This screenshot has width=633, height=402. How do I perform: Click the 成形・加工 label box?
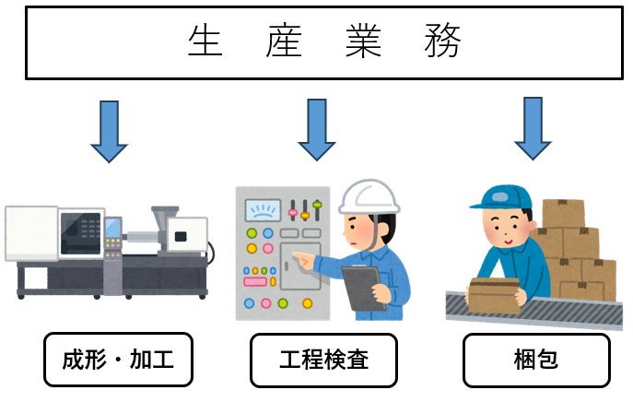click(x=118, y=360)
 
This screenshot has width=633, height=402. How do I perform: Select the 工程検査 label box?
click(x=323, y=360)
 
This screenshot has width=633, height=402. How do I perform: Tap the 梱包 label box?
click(x=535, y=360)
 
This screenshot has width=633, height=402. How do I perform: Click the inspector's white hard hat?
click(x=369, y=195)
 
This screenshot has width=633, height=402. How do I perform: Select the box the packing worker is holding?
click(x=496, y=294)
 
